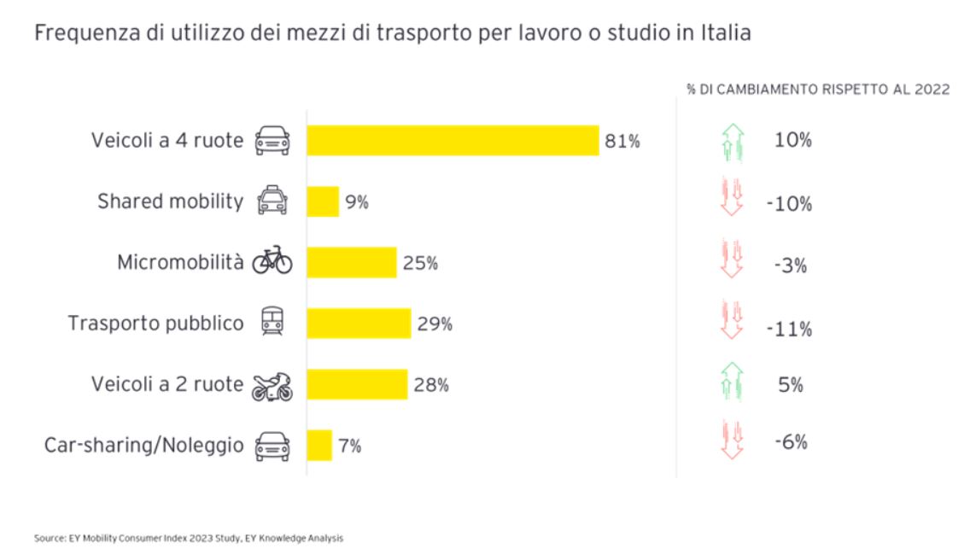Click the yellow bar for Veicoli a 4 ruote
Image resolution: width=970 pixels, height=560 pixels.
click(453, 141)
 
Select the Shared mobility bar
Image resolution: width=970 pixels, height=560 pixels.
click(323, 202)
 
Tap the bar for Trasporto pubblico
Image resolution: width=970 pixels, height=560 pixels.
click(359, 324)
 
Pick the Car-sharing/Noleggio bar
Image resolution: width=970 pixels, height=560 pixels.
click(319, 446)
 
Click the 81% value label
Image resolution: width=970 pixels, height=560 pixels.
click(622, 142)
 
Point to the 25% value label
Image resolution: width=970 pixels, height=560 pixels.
click(420, 264)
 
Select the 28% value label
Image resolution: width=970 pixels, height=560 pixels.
click(431, 386)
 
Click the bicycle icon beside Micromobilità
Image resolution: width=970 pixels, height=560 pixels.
click(272, 262)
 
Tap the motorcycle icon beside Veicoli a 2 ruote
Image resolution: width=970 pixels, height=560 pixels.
click(272, 386)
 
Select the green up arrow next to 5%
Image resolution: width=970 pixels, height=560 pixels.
click(733, 383)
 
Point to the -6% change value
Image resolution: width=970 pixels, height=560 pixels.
click(791, 442)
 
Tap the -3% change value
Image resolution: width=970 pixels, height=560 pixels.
click(791, 265)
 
